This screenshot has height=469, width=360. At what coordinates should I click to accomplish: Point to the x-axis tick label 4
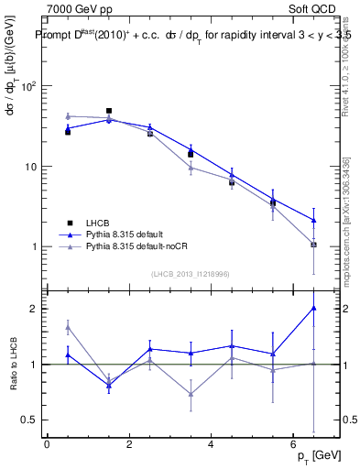tap(211, 444)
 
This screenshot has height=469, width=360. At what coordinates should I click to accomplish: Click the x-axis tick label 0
tap(47, 444)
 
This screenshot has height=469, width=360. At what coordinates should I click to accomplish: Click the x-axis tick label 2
tap(129, 444)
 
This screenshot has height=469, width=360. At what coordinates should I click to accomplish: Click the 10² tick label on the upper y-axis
tap(27, 87)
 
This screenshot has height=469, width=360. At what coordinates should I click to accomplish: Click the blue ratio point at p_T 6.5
tap(314, 308)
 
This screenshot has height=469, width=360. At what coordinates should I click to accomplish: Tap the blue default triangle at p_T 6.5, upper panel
tap(314, 220)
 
